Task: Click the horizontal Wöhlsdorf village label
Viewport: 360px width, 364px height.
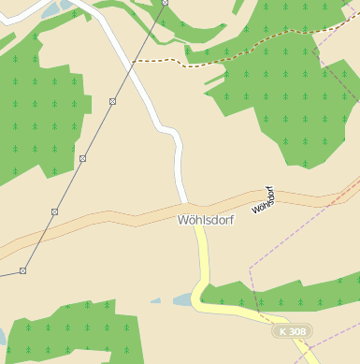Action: click(x=206, y=220)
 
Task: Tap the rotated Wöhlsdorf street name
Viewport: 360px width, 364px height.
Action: click(x=263, y=199)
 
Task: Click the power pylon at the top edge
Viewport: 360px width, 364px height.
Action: click(x=165, y=3)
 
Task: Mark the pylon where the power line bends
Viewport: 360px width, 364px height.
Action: click(x=22, y=270)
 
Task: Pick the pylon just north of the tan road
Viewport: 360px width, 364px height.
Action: click(x=54, y=212)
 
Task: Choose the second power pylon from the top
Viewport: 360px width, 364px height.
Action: click(x=112, y=101)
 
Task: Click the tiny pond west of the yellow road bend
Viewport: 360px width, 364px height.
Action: click(x=156, y=301)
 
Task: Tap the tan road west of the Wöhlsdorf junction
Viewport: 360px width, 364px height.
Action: click(x=112, y=222)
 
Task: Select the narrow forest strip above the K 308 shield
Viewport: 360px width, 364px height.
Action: click(x=281, y=299)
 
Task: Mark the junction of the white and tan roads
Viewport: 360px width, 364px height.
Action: click(x=189, y=205)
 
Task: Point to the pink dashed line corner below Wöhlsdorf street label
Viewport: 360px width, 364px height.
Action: click(x=251, y=269)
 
